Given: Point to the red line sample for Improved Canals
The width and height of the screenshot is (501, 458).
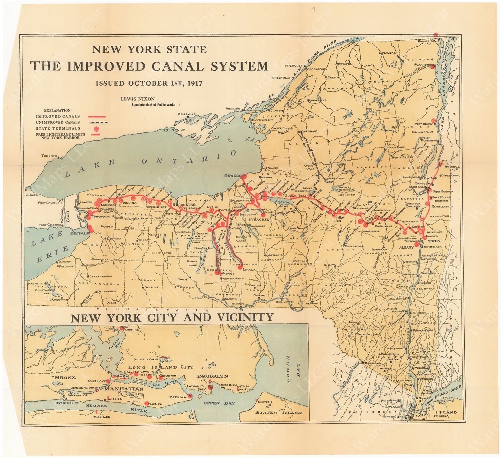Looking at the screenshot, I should (97, 117).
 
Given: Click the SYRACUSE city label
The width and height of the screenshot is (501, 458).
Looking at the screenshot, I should (259, 220).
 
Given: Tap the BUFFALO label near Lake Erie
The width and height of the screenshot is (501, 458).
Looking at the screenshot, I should (79, 233).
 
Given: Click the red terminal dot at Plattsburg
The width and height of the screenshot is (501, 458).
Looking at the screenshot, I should (432, 67).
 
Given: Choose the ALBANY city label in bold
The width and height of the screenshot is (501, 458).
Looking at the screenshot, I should (406, 248).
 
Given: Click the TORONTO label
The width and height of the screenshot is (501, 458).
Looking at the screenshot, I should (49, 156).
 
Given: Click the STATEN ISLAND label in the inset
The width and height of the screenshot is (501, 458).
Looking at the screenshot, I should (278, 413).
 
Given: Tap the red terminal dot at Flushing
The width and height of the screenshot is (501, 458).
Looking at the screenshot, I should (122, 328).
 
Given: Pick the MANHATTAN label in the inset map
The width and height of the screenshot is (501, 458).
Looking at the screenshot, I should (124, 389).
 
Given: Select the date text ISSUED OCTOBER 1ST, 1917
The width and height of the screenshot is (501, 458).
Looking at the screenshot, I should (149, 83).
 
